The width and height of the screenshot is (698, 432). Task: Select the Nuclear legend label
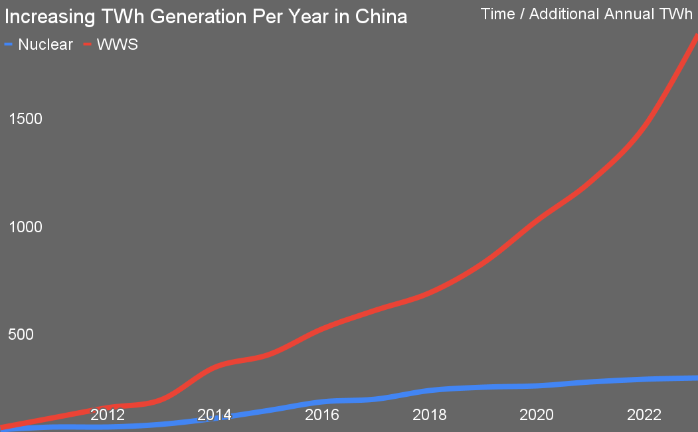point(46,45)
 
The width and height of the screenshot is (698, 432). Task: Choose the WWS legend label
point(118,45)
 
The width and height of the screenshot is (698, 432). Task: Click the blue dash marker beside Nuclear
point(9,45)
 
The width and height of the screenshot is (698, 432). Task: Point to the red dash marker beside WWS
point(87,45)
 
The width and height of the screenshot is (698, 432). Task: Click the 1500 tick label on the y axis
point(25,119)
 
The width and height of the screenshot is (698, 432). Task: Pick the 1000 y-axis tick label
point(25,227)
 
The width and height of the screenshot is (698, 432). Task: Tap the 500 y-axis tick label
point(21,334)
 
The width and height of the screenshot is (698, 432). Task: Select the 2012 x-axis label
point(108,415)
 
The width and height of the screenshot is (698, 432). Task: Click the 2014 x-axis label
point(215,415)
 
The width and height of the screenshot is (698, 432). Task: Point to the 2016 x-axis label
point(322,415)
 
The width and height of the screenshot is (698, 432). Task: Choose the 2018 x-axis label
point(429,415)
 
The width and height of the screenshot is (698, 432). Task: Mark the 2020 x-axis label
point(537,415)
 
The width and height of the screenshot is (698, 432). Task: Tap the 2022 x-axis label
point(644,415)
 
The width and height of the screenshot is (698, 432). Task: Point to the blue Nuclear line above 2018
point(429,390)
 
